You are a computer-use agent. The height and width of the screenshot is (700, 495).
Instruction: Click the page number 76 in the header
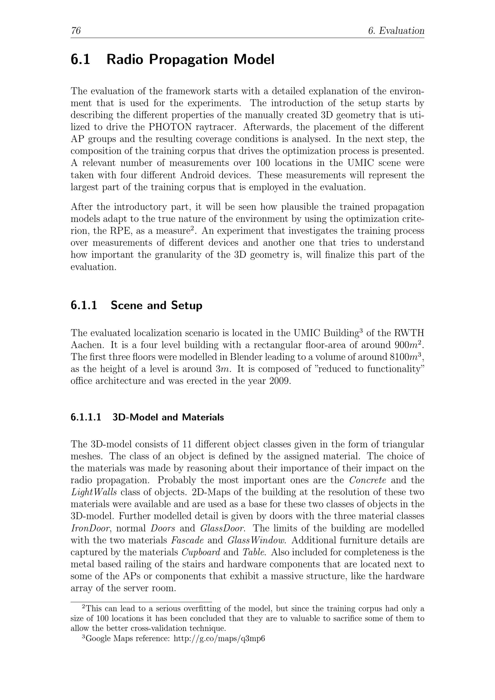tap(76, 31)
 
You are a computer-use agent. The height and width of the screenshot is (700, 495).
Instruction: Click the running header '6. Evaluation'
tap(396, 31)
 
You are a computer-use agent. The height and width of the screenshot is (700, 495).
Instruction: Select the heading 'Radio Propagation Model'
tap(190, 59)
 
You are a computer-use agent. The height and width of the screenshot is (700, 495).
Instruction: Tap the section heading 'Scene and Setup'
tap(156, 305)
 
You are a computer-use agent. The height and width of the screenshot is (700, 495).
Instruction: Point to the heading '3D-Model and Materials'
tap(168, 417)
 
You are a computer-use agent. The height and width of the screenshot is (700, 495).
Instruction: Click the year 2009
tap(280, 381)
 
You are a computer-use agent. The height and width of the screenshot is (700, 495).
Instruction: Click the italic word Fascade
tap(187, 540)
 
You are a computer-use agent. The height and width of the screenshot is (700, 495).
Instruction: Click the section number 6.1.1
tap(84, 305)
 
